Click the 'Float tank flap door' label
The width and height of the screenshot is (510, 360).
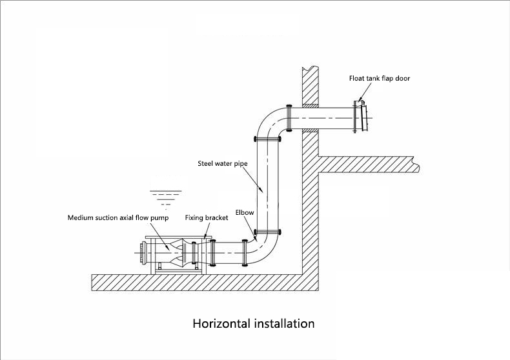(x=380, y=78)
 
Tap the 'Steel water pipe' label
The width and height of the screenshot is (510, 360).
(x=222, y=164)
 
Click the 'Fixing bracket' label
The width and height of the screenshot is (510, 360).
(x=207, y=218)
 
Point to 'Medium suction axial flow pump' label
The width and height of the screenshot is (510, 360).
(x=118, y=218)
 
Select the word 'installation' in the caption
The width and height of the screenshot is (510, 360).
(x=285, y=323)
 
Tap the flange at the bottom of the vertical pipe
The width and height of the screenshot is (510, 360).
(x=267, y=232)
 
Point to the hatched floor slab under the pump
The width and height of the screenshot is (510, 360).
(x=194, y=283)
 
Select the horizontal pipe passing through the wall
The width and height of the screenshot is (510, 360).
(x=323, y=118)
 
